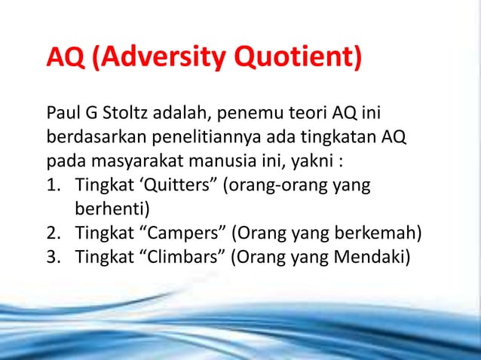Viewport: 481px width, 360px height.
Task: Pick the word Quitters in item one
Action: coord(168,185)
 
